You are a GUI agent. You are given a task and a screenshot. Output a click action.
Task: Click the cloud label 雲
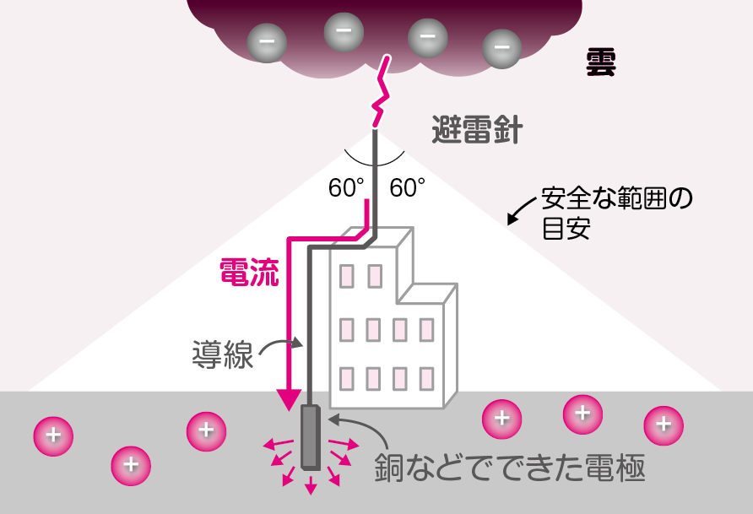[x=601, y=62]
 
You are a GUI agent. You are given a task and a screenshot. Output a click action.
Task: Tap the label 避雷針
[x=477, y=131]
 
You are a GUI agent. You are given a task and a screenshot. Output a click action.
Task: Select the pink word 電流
[x=248, y=272]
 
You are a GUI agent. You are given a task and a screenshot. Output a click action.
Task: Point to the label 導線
[x=222, y=354]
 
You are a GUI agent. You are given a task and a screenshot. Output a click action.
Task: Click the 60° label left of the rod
[x=346, y=187]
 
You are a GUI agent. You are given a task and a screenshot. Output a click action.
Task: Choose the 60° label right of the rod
[x=407, y=187]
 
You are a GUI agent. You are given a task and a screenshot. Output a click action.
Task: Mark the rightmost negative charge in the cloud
[x=501, y=47]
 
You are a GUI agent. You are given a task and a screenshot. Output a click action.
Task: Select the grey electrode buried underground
[x=311, y=436]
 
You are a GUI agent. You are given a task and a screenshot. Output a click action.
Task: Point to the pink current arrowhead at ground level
[x=290, y=398]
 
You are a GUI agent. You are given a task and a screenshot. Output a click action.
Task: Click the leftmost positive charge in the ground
[x=53, y=436]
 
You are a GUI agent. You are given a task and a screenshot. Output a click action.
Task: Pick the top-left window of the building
[x=347, y=276]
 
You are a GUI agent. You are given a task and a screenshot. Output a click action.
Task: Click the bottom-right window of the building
[x=426, y=378]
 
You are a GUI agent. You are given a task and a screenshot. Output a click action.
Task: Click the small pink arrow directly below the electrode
[x=311, y=484]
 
